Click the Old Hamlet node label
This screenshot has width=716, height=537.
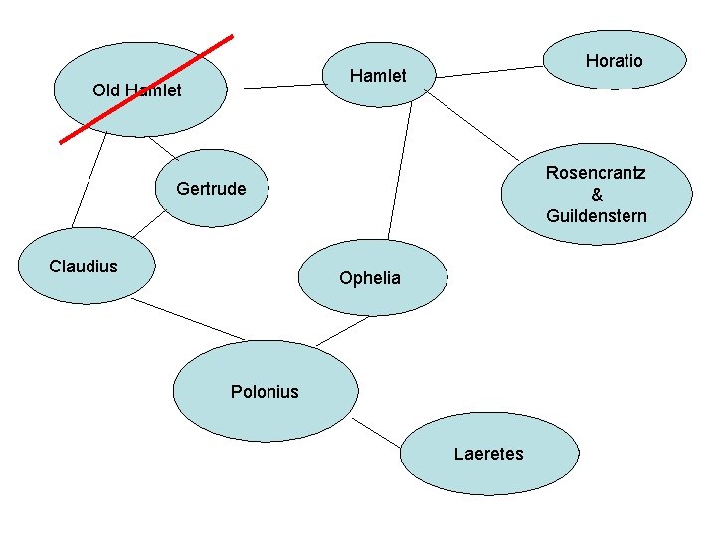tap(136, 90)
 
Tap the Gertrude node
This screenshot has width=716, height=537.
tap(211, 189)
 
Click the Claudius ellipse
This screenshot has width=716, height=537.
tap(84, 267)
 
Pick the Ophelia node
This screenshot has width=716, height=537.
tap(369, 278)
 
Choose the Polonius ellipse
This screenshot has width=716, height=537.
tap(265, 391)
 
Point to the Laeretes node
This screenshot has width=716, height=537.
tap(488, 454)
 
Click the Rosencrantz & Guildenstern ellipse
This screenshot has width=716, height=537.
tap(596, 194)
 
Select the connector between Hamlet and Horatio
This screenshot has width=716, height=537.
tap(490, 72)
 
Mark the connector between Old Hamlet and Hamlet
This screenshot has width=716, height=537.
tap(276, 87)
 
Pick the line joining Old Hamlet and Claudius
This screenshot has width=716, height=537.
tap(88, 180)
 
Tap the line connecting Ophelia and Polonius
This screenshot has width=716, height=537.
tap(343, 329)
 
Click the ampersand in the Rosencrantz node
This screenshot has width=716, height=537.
tap(597, 195)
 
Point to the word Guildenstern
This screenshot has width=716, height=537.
tap(596, 216)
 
